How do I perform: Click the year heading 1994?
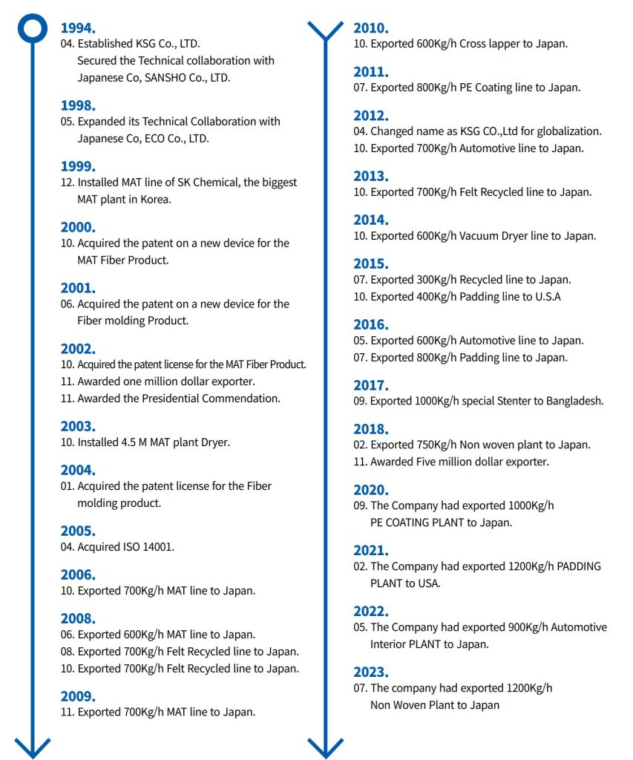tap(78, 28)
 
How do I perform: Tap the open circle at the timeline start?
tap(33, 28)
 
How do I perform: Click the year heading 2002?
tap(78, 349)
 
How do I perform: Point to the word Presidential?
tap(169, 399)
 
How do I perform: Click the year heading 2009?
tap(78, 696)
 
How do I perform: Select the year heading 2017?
tap(371, 385)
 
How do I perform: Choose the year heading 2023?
tap(371, 672)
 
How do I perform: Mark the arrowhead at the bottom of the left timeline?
tap(33, 747)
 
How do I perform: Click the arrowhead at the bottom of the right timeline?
tap(326, 747)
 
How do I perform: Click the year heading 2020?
tap(371, 490)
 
